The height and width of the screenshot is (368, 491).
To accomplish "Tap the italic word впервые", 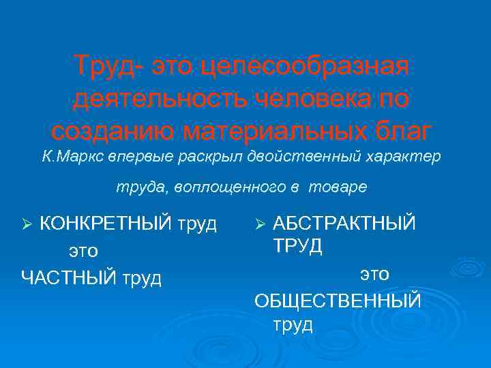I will (146, 157).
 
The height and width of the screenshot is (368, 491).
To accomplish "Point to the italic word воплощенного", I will (232, 187).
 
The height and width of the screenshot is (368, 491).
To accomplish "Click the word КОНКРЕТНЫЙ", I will (105, 224).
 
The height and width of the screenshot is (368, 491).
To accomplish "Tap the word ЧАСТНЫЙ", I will (67, 278).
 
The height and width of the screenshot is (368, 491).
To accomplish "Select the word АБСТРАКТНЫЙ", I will (344, 224).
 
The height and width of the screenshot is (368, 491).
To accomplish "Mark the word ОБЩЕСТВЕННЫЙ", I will (338, 301).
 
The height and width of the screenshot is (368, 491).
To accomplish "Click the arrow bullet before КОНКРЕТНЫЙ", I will (28, 224).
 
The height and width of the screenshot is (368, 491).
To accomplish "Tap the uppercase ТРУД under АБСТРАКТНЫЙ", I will (298, 246).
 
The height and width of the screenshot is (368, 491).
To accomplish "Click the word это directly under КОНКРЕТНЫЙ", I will (83, 251).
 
